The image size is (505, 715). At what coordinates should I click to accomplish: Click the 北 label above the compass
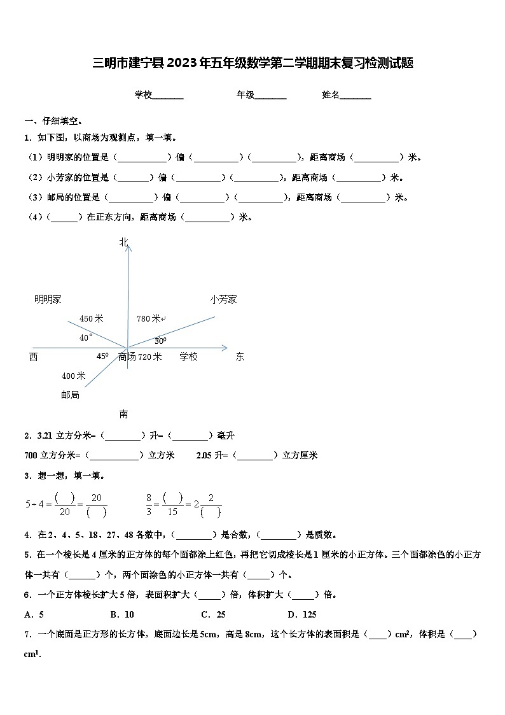coord(123,241)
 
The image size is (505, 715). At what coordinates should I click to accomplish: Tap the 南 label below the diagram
coord(123,414)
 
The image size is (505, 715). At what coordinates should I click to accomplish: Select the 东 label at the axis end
coord(240,357)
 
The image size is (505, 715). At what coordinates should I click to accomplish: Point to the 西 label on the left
coord(33,357)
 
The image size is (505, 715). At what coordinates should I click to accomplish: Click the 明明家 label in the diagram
coord(48,299)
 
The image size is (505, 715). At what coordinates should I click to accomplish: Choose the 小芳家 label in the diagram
coord(224,299)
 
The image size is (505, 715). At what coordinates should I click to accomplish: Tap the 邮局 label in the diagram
coord(70,395)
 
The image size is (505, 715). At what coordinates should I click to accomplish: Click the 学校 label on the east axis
coord(188,357)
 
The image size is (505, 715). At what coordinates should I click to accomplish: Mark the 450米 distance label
coord(91,318)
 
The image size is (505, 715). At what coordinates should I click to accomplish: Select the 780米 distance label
coord(149,318)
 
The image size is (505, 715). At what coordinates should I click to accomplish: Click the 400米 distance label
coord(73,376)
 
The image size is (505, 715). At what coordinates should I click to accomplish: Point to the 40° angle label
coord(86,338)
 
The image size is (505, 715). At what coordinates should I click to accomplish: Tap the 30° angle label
coord(160,341)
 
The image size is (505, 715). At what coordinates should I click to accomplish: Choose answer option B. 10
coord(121,614)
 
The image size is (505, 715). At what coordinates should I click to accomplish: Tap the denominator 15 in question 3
coord(172,512)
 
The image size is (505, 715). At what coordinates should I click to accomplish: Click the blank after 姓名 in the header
coord(356,96)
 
